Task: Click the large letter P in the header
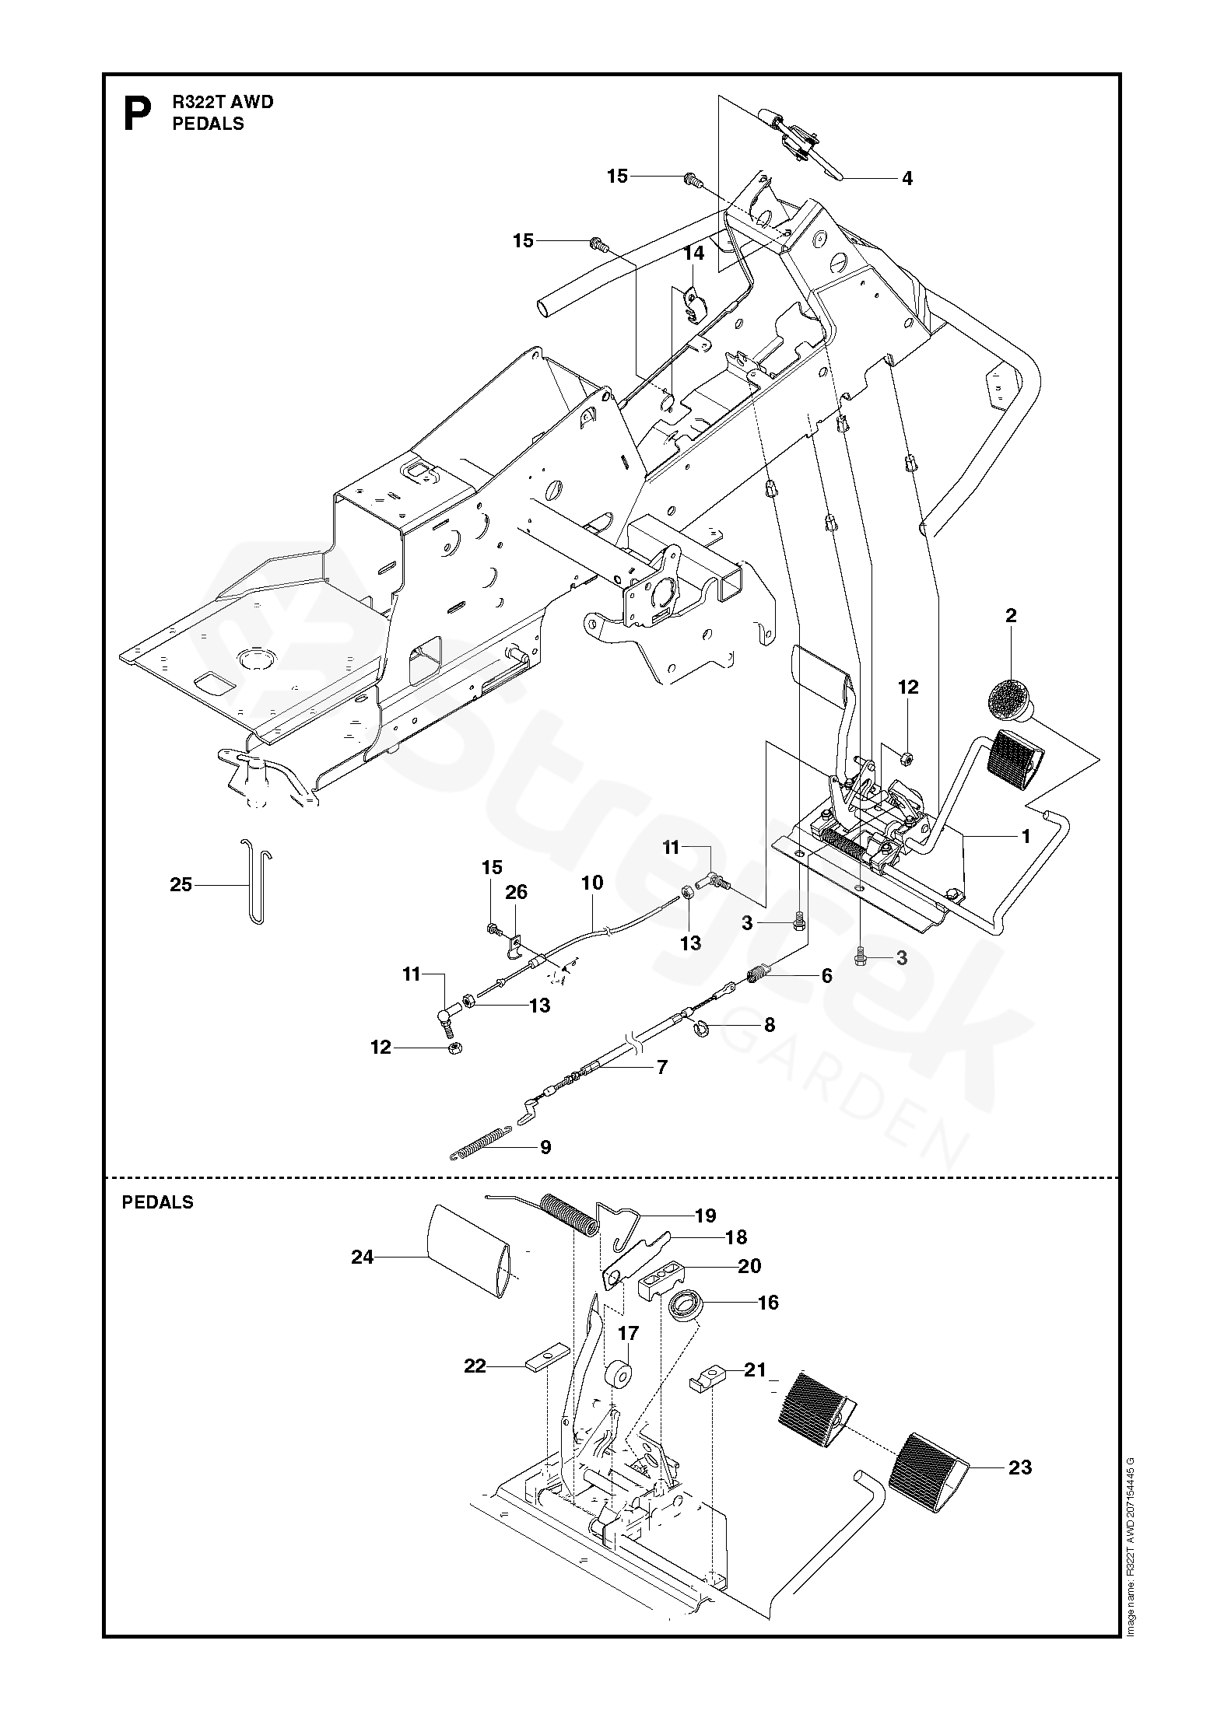(x=138, y=114)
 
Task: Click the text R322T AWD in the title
(x=223, y=103)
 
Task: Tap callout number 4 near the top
(x=907, y=178)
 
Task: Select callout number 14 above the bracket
(x=694, y=254)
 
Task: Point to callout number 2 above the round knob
(x=1011, y=616)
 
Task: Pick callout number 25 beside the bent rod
(x=181, y=884)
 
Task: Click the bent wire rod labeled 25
(x=255, y=880)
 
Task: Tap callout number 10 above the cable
(x=592, y=882)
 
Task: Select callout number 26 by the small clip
(x=516, y=892)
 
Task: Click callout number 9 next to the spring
(x=545, y=1147)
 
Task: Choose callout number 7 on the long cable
(x=662, y=1067)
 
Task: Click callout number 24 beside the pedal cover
(x=363, y=1257)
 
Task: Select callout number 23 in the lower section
(x=1020, y=1467)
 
